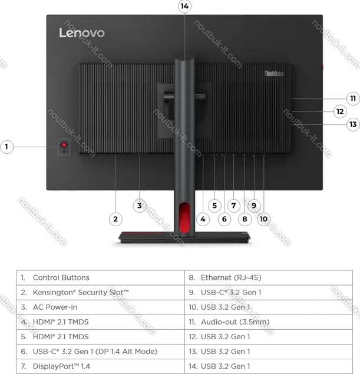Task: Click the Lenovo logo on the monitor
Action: click(x=82, y=32)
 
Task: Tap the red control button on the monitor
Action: click(x=64, y=145)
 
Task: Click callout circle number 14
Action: click(x=184, y=6)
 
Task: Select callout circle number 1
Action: click(x=6, y=147)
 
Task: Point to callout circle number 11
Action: click(x=353, y=98)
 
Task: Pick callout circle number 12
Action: click(x=340, y=111)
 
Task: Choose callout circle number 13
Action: click(x=353, y=124)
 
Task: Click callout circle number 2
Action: click(x=115, y=219)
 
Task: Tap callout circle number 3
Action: click(x=140, y=206)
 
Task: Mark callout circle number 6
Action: click(x=224, y=219)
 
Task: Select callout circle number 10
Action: click(x=263, y=219)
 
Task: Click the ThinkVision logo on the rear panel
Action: click(x=274, y=74)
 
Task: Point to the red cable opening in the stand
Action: click(x=184, y=217)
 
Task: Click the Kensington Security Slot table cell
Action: click(x=100, y=292)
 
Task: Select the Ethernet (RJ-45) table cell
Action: click(x=269, y=277)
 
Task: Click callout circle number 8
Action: click(x=245, y=219)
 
